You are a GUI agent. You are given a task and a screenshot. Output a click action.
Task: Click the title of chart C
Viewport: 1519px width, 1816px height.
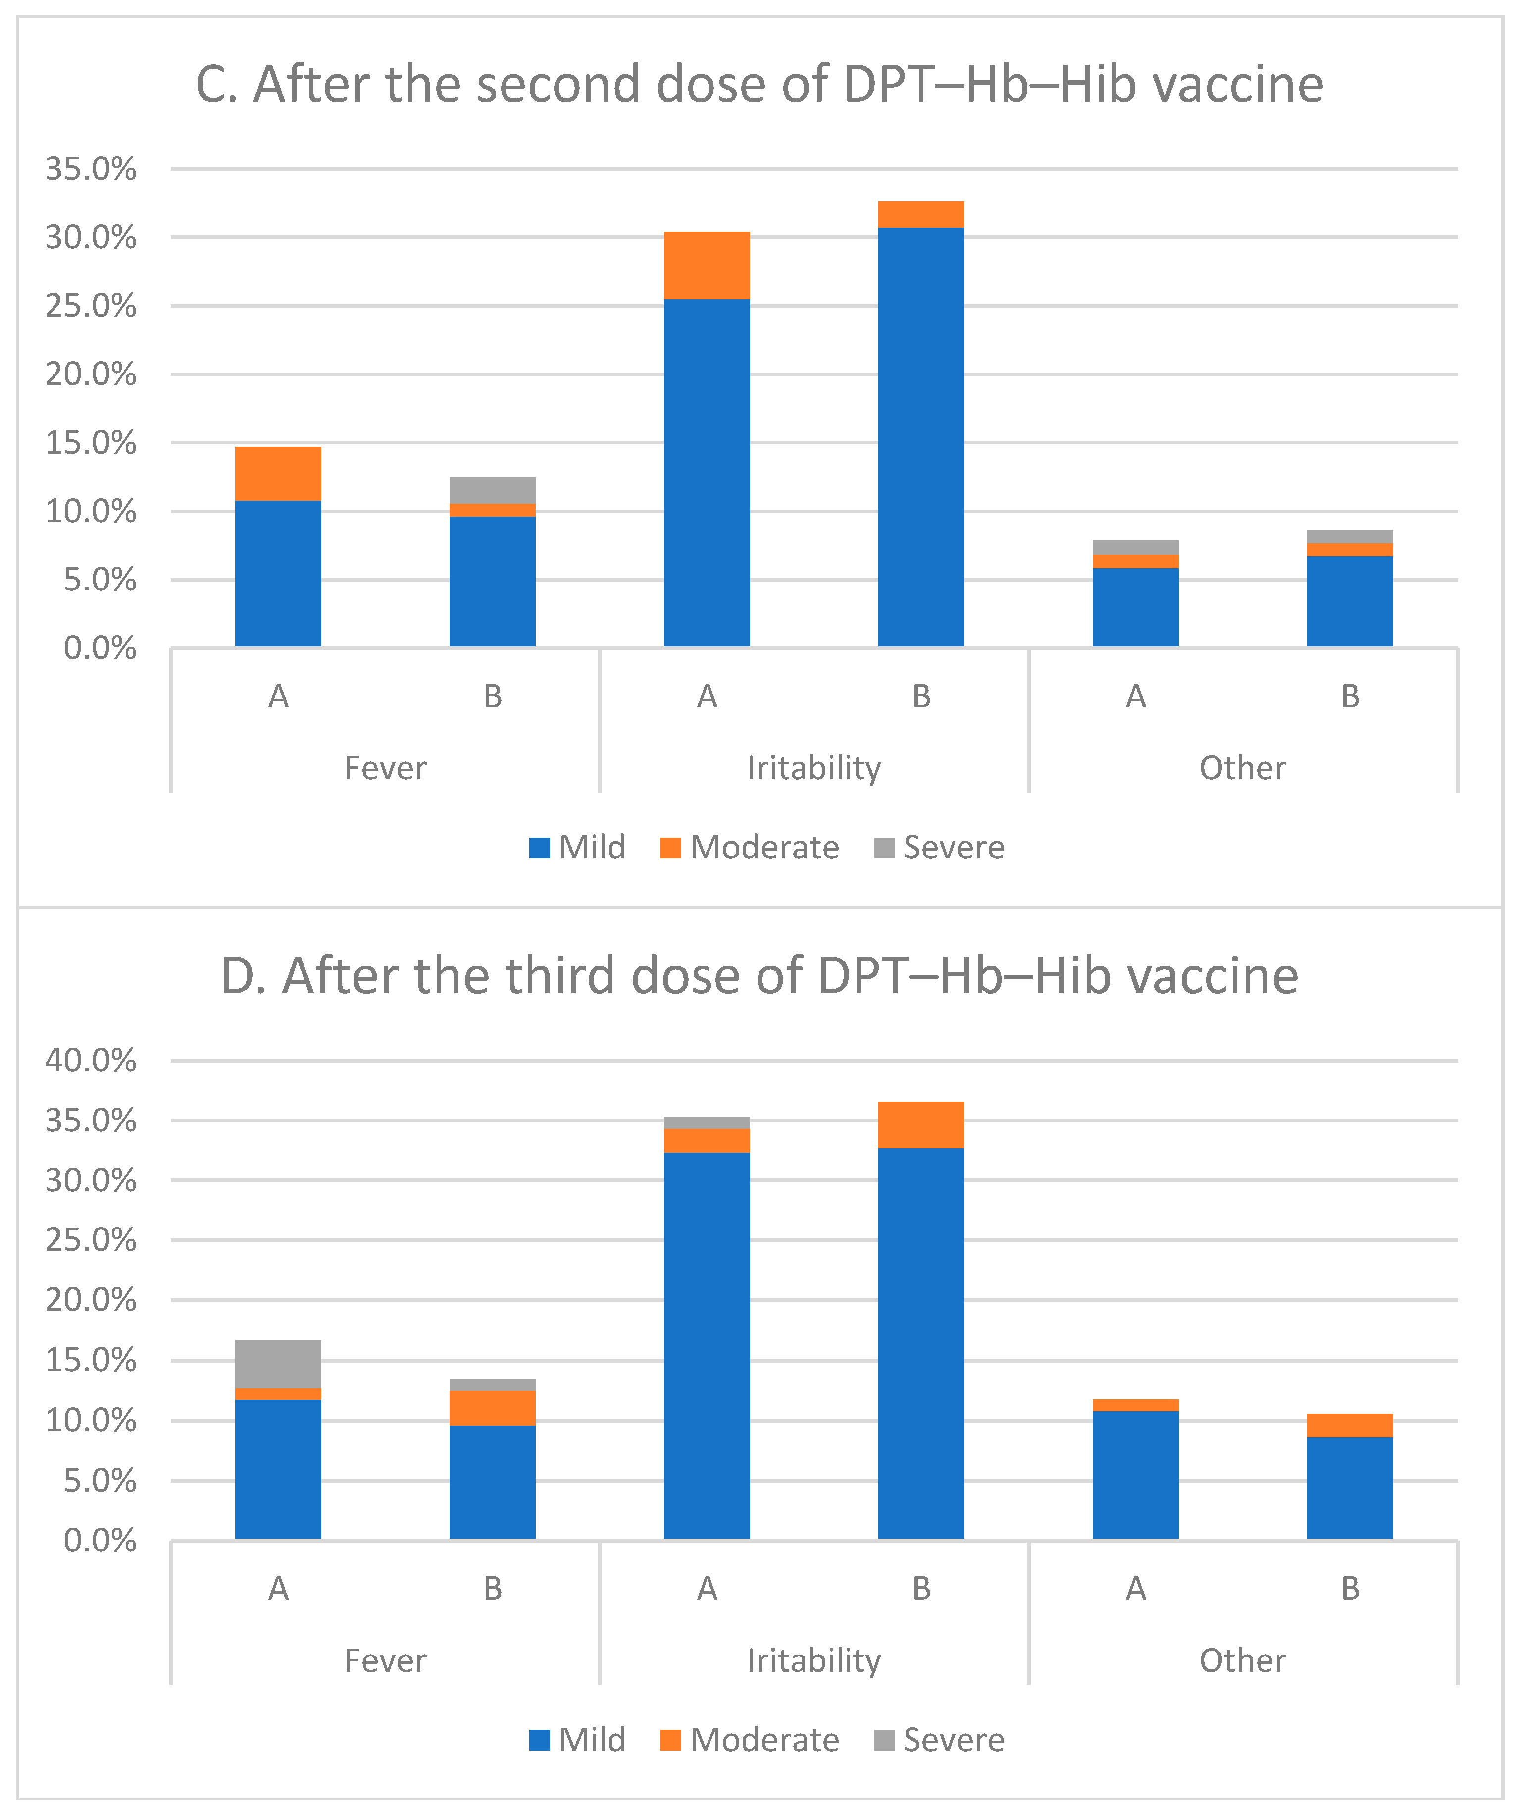(759, 85)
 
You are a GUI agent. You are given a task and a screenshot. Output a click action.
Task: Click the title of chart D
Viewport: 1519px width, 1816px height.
(759, 976)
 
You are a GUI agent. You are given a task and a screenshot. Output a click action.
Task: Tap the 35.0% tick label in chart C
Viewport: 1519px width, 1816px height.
(91, 168)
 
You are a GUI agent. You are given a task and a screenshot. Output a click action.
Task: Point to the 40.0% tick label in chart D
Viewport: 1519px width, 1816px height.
(91, 1060)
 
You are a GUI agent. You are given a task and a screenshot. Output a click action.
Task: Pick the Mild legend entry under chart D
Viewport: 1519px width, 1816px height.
(577, 1740)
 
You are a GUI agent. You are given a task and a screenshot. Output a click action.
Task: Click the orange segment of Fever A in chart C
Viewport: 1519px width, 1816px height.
(278, 474)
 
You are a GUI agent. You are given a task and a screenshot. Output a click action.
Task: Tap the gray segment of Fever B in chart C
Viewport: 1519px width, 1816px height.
(492, 490)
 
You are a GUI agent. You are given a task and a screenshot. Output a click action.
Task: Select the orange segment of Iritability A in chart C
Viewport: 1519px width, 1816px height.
(707, 266)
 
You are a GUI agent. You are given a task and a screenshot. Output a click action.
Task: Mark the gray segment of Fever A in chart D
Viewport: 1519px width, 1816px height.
(278, 1364)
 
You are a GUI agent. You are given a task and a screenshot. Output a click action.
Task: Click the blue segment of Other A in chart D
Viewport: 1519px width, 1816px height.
(1135, 1474)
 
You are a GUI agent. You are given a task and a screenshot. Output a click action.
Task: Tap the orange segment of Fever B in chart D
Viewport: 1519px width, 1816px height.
(492, 1408)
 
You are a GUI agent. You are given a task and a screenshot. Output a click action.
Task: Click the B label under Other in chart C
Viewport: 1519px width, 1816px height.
(1350, 696)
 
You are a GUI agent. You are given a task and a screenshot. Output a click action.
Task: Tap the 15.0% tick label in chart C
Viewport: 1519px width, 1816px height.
(91, 443)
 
